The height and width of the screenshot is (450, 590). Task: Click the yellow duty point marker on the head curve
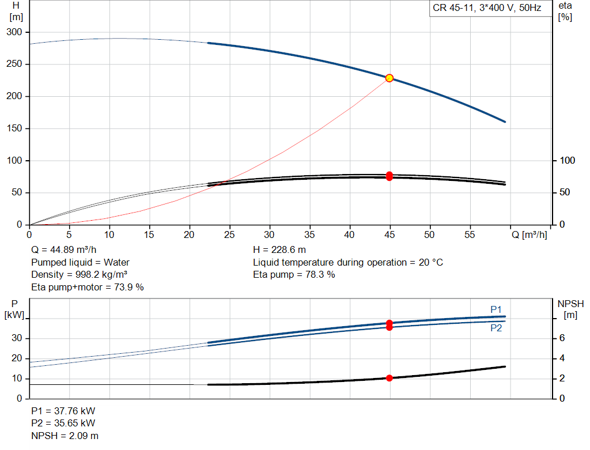389,78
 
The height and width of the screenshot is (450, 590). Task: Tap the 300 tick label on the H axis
14,32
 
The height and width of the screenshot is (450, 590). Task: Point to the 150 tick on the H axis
14,128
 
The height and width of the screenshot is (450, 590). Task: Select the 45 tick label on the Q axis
389,235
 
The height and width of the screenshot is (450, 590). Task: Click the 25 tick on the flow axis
229,235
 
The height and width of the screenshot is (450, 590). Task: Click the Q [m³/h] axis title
529,235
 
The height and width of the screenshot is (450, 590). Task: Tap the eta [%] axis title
565,12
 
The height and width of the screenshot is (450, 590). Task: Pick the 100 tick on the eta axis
568,161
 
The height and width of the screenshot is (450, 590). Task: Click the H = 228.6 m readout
279,250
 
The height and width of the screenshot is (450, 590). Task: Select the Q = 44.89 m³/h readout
63,250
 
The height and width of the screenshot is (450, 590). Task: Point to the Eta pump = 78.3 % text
294,275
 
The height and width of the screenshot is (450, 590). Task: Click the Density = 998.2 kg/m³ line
79,275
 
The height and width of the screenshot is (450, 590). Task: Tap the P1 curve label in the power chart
496,309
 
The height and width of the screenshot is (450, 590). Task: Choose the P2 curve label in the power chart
496,328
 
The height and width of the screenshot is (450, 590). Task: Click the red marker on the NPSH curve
389,378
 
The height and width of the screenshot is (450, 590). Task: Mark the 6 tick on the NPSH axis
562,338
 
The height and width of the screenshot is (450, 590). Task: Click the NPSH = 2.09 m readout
65,436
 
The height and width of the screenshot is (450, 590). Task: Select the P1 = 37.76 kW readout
63,411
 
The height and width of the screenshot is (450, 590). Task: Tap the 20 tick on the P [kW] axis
17,358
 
